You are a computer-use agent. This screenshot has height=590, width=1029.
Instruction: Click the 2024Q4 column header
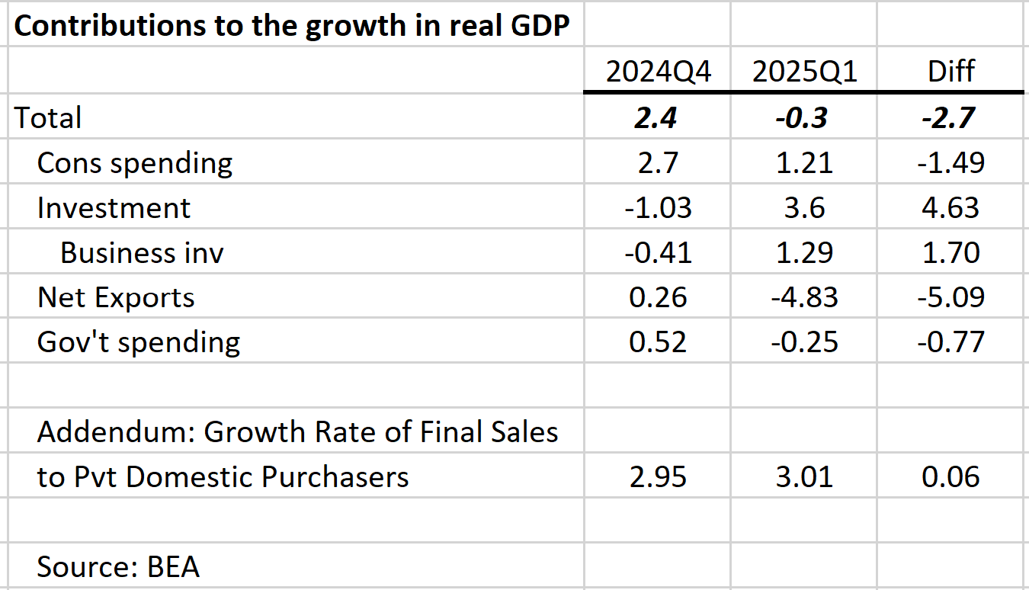(x=659, y=72)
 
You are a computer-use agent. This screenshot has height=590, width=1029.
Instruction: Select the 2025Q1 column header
(x=804, y=72)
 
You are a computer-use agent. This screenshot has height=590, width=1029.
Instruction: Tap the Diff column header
(x=950, y=72)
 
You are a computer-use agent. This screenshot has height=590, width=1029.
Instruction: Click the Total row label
(x=48, y=118)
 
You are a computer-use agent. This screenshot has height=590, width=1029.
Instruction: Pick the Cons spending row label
(x=135, y=163)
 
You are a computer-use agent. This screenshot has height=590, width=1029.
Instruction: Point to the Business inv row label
(x=142, y=252)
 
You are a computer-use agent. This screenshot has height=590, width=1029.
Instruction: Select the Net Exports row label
(x=116, y=297)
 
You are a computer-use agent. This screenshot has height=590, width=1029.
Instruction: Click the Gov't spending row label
(x=139, y=342)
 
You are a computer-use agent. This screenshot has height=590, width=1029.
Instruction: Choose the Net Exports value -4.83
(x=804, y=297)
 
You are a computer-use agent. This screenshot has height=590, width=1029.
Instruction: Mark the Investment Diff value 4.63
(x=950, y=208)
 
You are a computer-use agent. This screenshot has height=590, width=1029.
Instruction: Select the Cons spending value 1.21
(x=804, y=163)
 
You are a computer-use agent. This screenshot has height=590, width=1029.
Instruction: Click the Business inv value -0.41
(x=659, y=252)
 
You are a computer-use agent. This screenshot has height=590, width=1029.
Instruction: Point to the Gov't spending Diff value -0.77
(x=950, y=342)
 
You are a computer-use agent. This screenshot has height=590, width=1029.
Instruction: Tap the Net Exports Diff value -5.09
(x=950, y=297)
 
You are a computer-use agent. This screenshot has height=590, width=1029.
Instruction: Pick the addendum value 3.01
(x=804, y=477)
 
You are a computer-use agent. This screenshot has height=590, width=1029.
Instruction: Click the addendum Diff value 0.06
(x=950, y=477)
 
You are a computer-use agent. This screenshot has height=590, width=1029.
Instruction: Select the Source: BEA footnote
(x=118, y=567)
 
